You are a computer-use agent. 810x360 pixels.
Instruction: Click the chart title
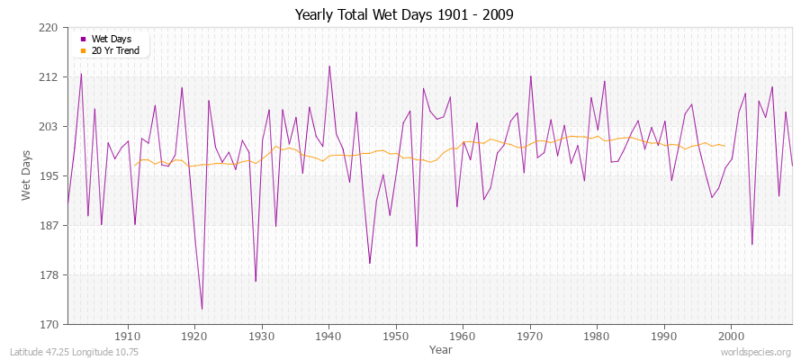click(404, 15)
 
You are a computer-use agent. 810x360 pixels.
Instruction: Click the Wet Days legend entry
click(112, 39)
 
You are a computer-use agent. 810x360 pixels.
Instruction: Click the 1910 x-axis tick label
click(128, 336)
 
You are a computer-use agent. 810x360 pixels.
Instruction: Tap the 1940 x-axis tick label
click(328, 336)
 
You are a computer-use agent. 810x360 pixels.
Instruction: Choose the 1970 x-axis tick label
click(530, 336)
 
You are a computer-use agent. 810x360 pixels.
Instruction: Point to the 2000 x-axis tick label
click(731, 336)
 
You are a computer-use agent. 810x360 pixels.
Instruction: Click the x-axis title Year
click(441, 348)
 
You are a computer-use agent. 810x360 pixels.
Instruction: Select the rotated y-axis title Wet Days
click(26, 175)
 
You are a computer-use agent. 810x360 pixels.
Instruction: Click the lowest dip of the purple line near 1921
click(202, 310)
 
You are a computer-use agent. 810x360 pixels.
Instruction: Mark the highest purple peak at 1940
click(329, 66)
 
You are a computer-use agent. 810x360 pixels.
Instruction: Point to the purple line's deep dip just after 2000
click(752, 244)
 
